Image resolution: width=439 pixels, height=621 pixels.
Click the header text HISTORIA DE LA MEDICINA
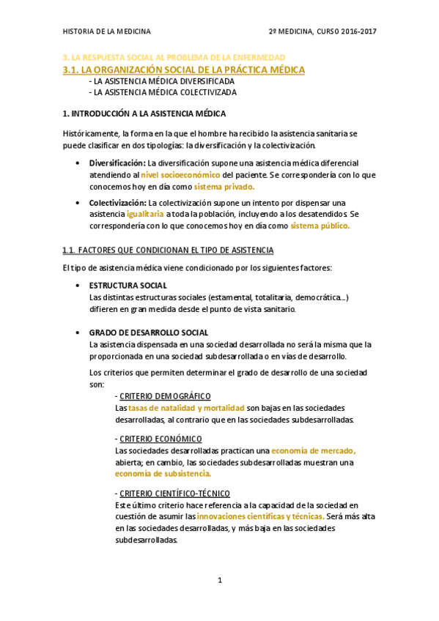(x=106, y=31)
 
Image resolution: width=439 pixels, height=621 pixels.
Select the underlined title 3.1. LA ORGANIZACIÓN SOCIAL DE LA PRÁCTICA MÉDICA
(x=184, y=70)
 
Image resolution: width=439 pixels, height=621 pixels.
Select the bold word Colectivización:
(x=118, y=202)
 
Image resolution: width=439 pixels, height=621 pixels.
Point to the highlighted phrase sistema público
(x=320, y=226)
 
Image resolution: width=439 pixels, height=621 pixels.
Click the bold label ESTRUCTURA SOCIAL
(x=128, y=285)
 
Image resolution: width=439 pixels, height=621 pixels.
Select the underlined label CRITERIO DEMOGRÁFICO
(x=165, y=395)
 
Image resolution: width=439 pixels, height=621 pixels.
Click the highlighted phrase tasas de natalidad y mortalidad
(x=186, y=407)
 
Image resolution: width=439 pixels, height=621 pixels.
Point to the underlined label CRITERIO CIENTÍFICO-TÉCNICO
(x=174, y=493)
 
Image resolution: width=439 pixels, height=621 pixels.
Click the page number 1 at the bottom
(x=219, y=581)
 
